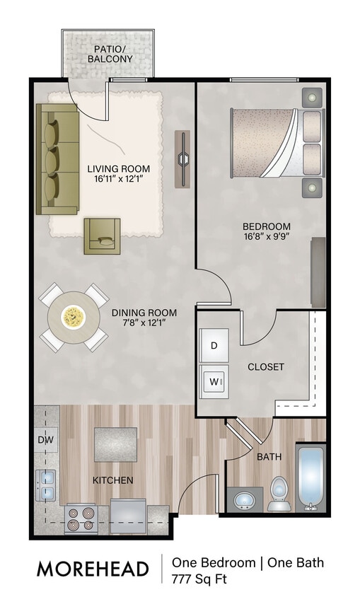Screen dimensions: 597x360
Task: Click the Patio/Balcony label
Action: (110, 54)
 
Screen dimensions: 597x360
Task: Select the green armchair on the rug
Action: (102, 236)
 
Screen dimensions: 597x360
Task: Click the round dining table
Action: (73, 317)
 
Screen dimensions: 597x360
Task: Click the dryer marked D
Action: (214, 346)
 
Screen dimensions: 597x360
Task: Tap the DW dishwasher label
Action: (45, 439)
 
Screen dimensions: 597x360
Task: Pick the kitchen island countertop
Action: (115, 444)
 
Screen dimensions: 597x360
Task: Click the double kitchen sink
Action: (47, 485)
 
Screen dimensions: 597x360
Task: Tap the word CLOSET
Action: (265, 366)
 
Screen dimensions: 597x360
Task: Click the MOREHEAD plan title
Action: (93, 569)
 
